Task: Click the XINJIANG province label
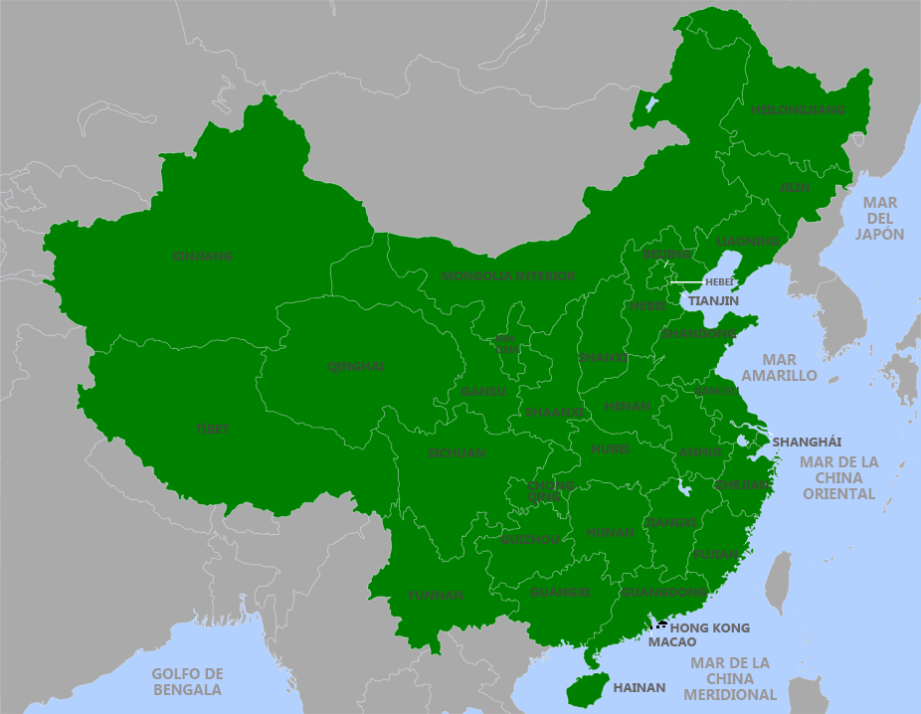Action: (x=202, y=256)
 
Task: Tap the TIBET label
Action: (x=211, y=429)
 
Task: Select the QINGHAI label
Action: (x=355, y=366)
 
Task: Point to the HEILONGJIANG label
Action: (x=798, y=109)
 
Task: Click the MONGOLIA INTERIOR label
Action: (x=508, y=275)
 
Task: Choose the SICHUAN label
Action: (x=457, y=452)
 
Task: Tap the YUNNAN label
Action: (x=435, y=595)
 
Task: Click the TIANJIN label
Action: (x=713, y=299)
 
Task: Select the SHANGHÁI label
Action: (x=807, y=442)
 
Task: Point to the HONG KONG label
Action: (x=709, y=628)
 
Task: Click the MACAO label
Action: (x=672, y=642)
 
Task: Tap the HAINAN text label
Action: (x=639, y=687)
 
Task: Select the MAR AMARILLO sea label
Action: (x=779, y=368)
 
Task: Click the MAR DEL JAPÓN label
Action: (x=879, y=218)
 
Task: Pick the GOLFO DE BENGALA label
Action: (x=187, y=681)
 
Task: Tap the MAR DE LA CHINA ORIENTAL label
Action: (x=839, y=477)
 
